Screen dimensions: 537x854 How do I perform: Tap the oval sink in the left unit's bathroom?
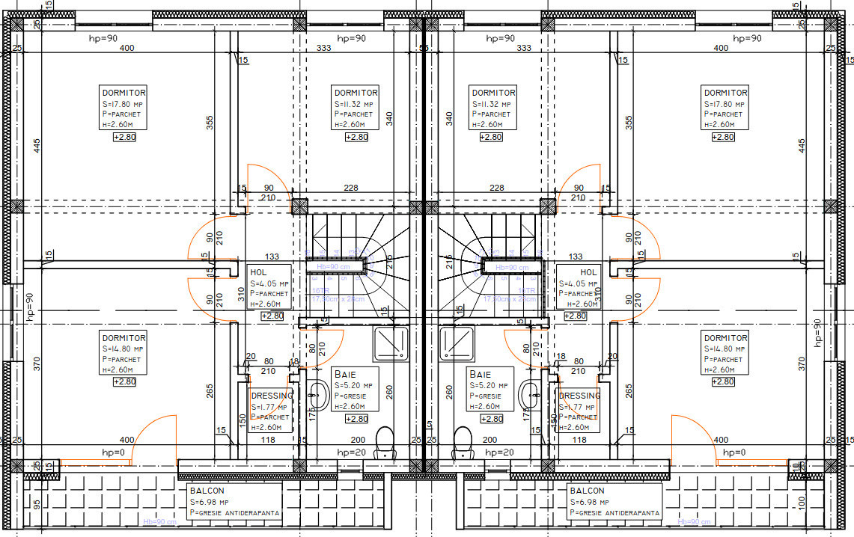coord(318,395)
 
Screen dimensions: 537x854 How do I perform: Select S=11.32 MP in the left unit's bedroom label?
coord(354,104)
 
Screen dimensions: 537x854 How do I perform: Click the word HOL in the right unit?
coord(588,273)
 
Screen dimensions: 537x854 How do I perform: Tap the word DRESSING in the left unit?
coord(272,396)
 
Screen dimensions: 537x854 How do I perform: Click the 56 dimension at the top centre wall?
coord(423,49)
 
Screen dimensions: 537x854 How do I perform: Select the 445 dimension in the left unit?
coord(36,146)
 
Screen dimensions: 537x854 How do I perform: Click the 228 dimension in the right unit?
coord(495,188)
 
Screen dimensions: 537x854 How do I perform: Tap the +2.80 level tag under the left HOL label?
coord(272,316)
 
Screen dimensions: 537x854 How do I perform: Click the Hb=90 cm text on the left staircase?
coord(335,266)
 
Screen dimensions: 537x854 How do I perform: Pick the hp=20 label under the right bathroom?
coord(498,452)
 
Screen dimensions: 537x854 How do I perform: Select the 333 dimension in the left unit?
coord(324,49)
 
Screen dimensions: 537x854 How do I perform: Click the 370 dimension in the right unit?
coord(802,364)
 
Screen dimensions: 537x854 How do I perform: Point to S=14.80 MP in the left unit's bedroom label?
coord(122,349)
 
